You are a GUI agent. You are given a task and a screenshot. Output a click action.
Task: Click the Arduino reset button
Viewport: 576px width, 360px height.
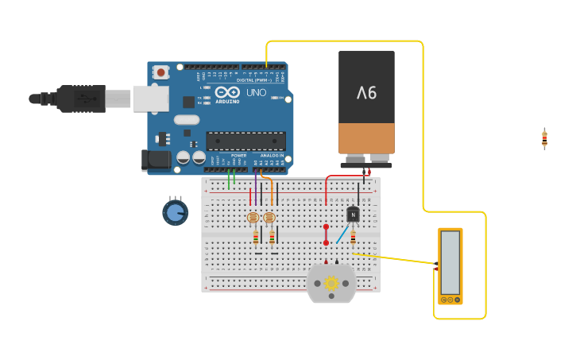tap(161, 72)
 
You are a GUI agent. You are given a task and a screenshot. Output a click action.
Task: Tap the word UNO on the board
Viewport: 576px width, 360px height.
tap(256, 93)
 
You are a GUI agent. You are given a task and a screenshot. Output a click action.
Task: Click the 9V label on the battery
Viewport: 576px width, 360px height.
tap(366, 93)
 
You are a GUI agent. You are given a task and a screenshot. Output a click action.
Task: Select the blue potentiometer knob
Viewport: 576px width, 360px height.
tap(175, 212)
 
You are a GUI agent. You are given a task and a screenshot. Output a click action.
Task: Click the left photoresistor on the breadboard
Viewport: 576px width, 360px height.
tap(253, 217)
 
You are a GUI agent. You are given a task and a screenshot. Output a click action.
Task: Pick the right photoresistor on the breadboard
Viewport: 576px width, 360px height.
tap(269, 217)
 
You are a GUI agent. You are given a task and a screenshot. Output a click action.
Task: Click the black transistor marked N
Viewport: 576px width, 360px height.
tap(353, 214)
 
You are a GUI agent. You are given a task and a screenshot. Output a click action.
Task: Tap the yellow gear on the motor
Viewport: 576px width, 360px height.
tap(331, 283)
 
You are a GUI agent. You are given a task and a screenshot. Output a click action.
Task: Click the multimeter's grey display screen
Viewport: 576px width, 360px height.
tap(450, 262)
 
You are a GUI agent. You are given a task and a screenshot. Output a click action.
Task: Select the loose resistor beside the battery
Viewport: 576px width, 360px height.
tap(544, 138)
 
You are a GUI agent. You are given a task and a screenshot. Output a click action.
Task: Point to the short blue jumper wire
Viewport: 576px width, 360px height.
tap(342, 234)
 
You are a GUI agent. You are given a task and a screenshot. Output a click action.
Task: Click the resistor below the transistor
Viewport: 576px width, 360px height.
tap(353, 236)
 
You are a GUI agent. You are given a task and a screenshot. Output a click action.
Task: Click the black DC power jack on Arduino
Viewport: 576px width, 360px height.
tap(157, 160)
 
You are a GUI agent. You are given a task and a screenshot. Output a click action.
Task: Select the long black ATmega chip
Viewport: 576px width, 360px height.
tap(245, 141)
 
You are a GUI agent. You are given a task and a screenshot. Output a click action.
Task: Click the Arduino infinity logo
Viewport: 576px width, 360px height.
tap(226, 93)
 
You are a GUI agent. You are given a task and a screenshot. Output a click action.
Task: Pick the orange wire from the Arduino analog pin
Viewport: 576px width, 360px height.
tap(271, 189)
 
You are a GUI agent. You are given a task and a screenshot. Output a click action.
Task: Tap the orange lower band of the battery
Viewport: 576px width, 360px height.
tap(366, 137)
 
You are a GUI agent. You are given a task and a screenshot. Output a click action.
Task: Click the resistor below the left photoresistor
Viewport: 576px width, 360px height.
tap(256, 236)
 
